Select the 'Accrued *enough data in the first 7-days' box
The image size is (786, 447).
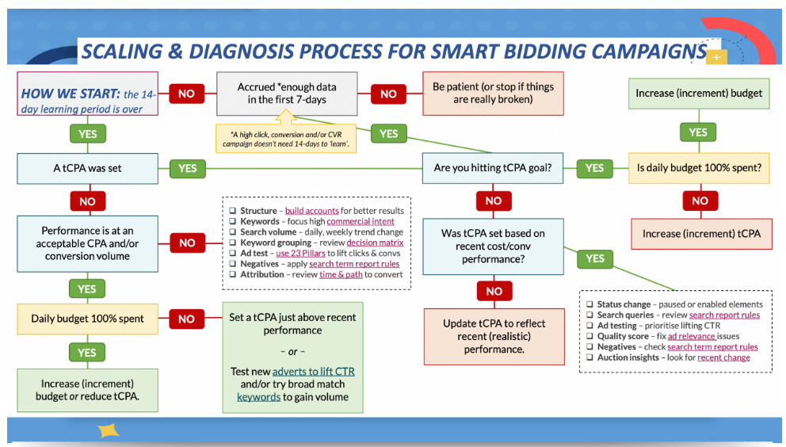point(287,94)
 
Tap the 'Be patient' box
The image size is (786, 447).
point(493,94)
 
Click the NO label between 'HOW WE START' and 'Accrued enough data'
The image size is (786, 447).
point(186,94)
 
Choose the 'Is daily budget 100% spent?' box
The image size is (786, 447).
point(699,168)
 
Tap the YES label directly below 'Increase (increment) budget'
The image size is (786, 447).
point(698,132)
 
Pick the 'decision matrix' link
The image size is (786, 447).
point(375,243)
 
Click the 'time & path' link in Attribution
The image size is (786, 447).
point(341,274)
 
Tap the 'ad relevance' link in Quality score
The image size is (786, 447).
point(692,336)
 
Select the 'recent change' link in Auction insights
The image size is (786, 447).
point(723,357)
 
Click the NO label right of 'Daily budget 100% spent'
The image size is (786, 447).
point(186,319)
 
